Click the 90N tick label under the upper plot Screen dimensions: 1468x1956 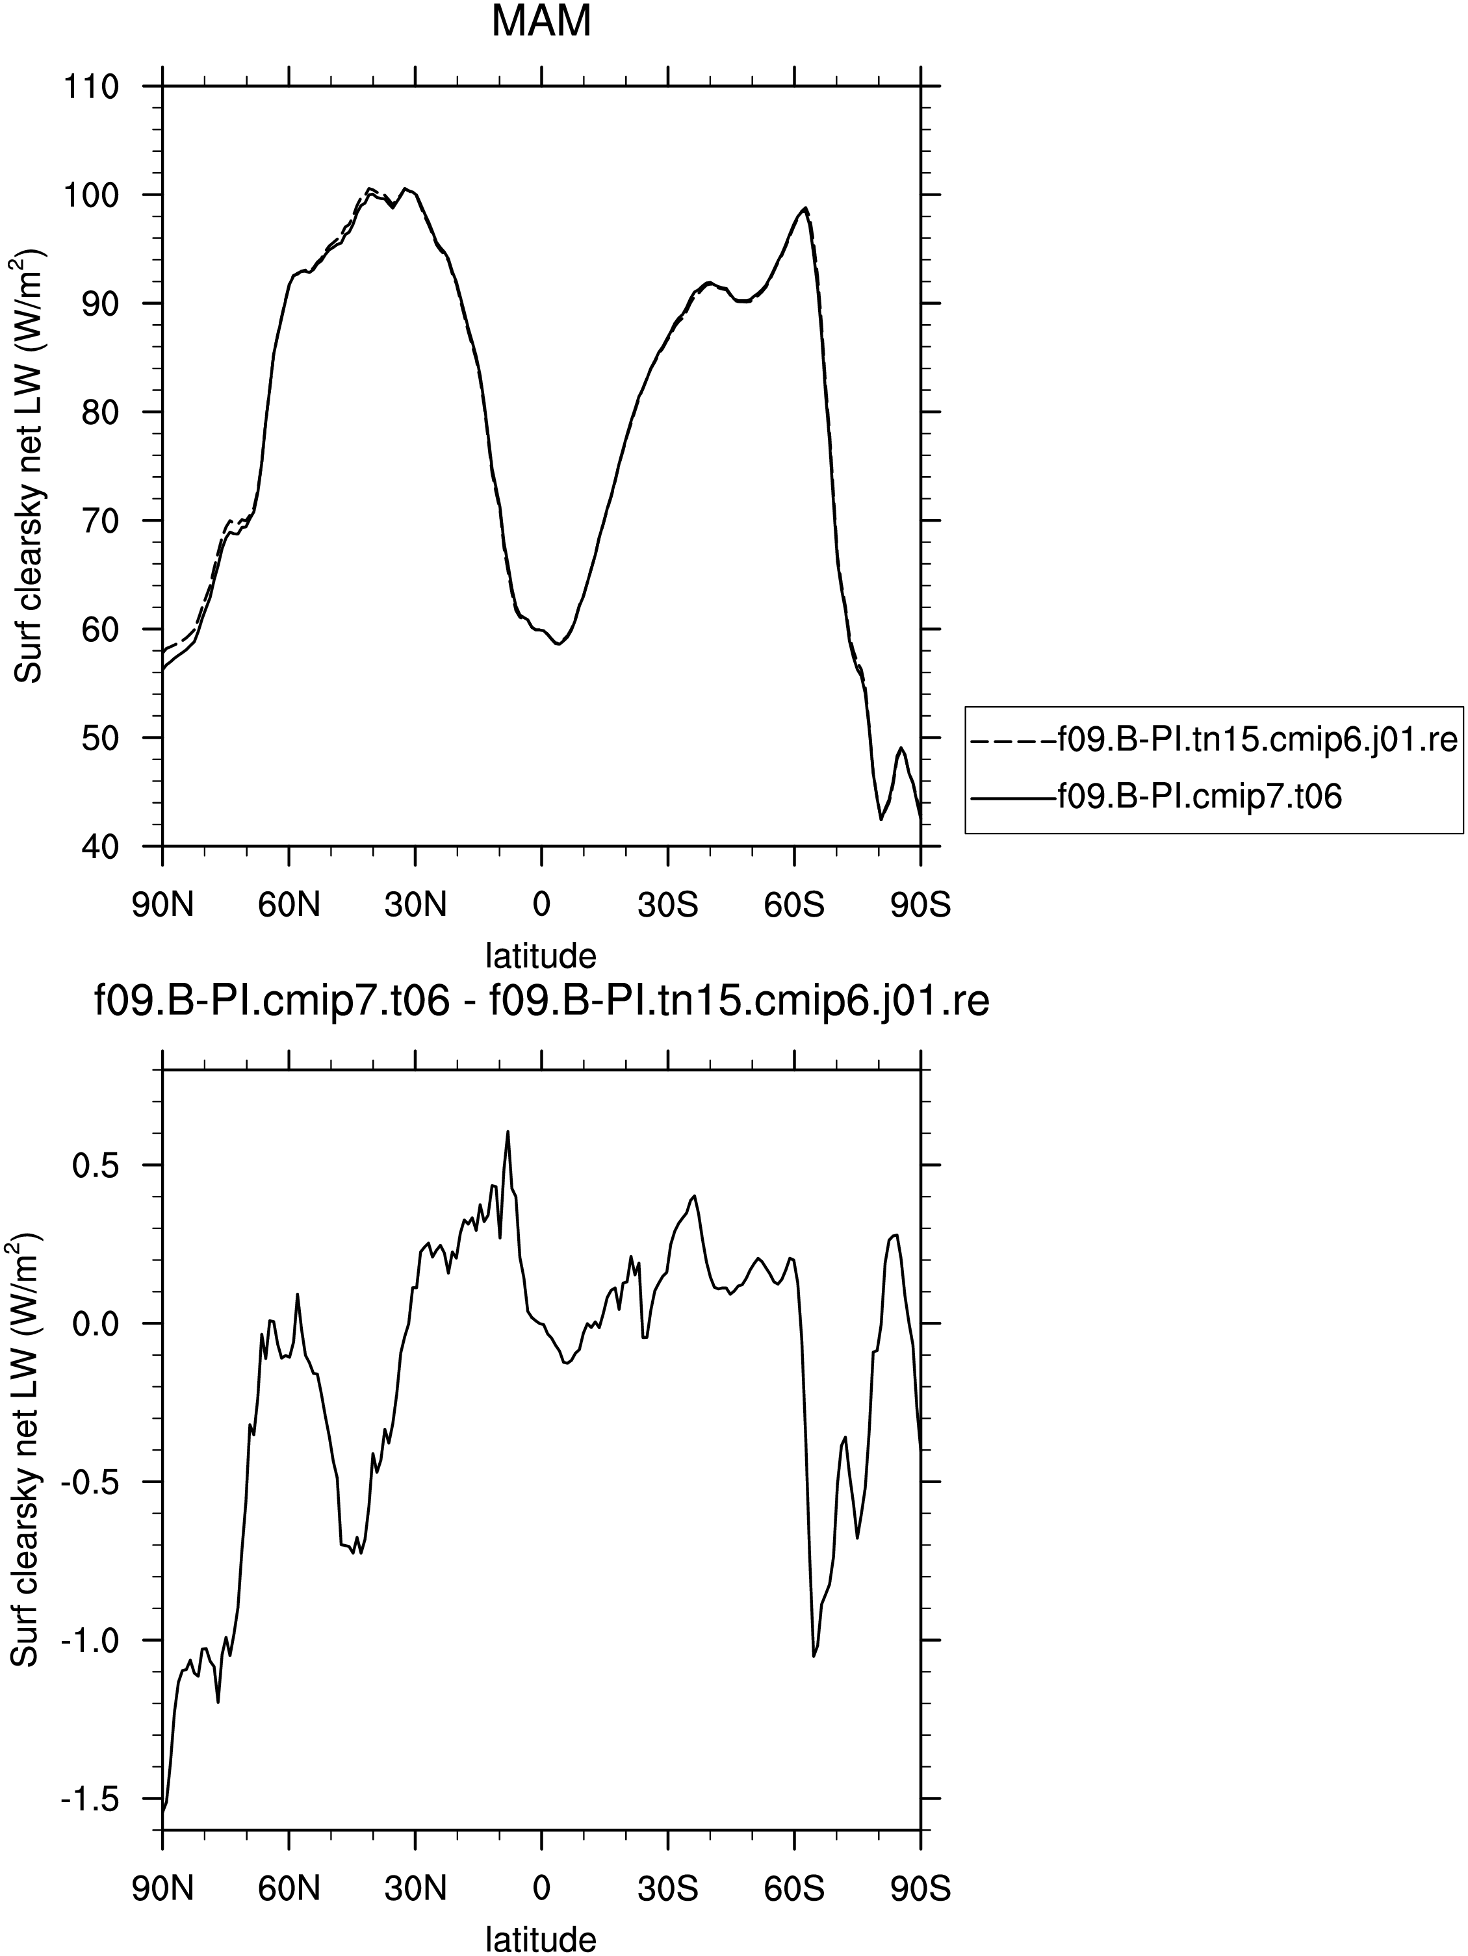pos(162,906)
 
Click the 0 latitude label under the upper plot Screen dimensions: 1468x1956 pos(541,906)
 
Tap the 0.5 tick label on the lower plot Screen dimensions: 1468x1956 pos(95,1165)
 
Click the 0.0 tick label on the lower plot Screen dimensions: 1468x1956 pos(95,1323)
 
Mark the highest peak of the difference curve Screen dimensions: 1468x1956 pos(508,1131)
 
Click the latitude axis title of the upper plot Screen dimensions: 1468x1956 pos(541,955)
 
